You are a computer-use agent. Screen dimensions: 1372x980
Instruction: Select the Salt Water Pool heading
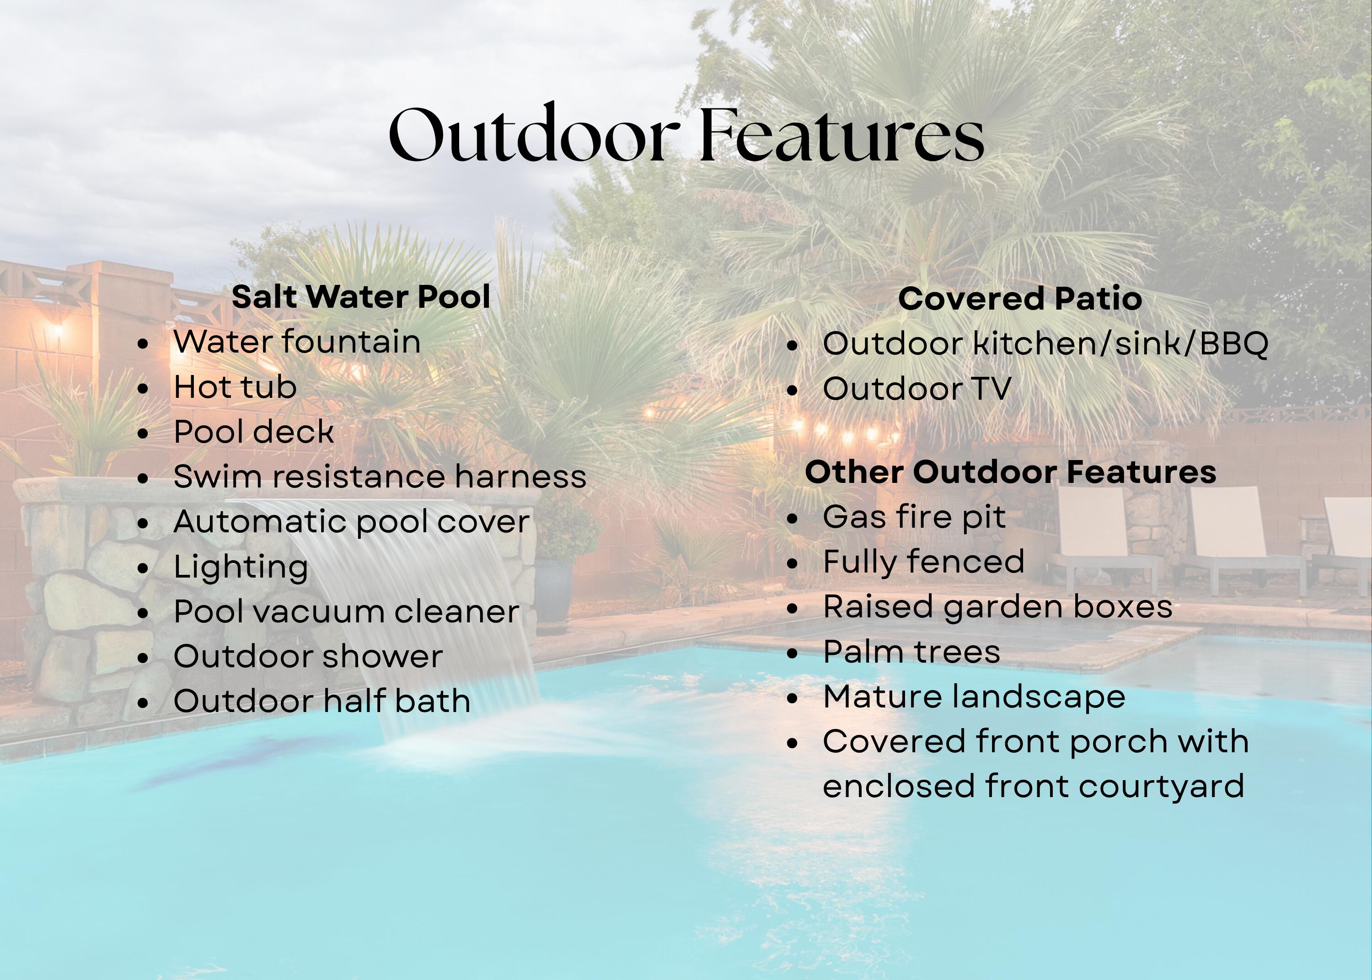point(361,297)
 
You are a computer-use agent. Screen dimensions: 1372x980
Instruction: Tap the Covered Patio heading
point(1020,299)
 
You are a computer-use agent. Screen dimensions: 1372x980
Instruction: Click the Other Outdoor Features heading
point(1011,472)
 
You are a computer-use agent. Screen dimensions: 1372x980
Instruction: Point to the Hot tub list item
point(236,387)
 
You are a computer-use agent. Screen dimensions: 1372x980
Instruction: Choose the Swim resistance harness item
point(380,476)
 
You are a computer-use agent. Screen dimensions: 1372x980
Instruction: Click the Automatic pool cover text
point(352,522)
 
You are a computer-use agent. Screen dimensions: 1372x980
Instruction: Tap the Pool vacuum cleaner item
point(346,611)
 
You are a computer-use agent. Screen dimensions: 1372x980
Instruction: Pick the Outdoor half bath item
point(322,701)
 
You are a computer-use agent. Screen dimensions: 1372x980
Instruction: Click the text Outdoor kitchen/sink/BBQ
point(1045,344)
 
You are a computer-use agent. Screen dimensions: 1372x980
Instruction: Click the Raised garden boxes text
point(998,607)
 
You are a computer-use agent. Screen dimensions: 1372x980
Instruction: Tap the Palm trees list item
point(911,652)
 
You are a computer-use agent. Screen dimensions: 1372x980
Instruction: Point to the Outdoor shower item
point(308,657)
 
